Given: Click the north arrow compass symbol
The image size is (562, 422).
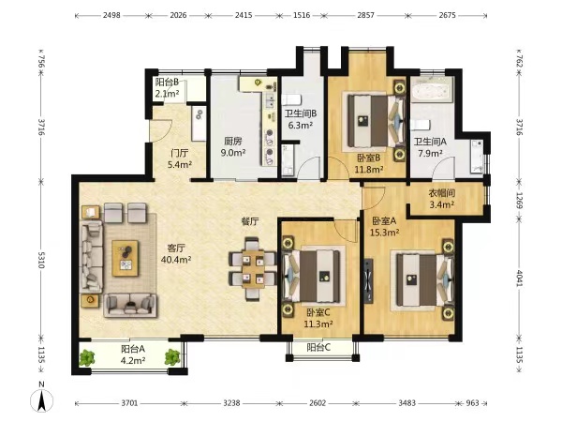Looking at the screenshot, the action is click(41, 399).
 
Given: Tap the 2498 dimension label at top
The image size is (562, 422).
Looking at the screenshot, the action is click(111, 15).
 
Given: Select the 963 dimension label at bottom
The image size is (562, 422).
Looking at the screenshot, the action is click(472, 403).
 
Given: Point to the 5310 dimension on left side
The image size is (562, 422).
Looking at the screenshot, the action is click(41, 260).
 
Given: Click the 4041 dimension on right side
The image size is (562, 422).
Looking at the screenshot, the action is click(520, 278).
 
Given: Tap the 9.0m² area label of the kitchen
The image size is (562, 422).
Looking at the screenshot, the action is click(233, 153).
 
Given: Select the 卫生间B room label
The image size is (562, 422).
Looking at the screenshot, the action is click(301, 113).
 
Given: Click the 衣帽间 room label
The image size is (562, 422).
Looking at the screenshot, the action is click(442, 193).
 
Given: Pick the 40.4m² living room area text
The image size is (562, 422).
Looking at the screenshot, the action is click(176, 260).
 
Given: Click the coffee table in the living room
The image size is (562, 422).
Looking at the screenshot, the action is click(126, 259).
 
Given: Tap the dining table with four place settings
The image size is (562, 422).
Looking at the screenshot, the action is click(253, 268).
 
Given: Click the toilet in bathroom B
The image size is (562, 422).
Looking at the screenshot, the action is click(290, 99).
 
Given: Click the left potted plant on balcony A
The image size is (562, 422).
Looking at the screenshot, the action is click(87, 357).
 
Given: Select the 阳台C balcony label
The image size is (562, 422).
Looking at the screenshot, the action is click(318, 347).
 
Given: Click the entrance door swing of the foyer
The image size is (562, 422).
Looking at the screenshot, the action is click(161, 130).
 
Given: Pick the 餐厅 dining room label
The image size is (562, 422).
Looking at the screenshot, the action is click(250, 221).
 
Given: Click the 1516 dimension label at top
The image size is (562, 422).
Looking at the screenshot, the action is click(302, 15).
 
